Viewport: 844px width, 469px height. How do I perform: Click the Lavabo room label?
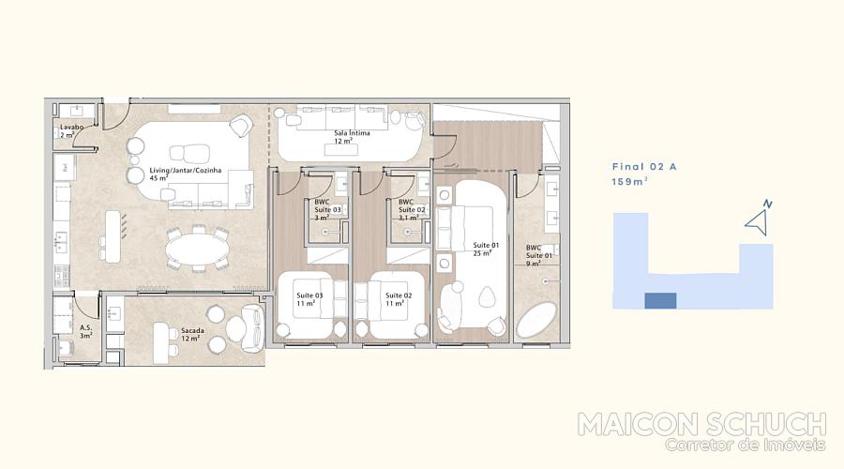pyautogui.click(x=71, y=127)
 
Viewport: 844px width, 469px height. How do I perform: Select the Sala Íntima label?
pyautogui.click(x=352, y=133)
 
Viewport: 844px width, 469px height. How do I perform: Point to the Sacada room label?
pyautogui.click(x=192, y=330)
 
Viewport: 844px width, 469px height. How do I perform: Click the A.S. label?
pyautogui.click(x=85, y=327)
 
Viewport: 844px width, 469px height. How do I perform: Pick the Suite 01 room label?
pyautogui.click(x=486, y=245)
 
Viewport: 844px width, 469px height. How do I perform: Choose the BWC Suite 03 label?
pyautogui.click(x=328, y=205)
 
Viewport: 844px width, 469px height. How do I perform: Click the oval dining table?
pyautogui.click(x=197, y=250)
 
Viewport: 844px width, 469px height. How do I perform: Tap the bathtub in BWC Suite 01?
pyautogui.click(x=536, y=320)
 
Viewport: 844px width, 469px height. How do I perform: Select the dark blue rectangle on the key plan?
pyautogui.click(x=660, y=301)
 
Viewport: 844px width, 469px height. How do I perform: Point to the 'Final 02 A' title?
pyautogui.click(x=644, y=167)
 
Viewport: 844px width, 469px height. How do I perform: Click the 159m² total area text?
pyautogui.click(x=629, y=182)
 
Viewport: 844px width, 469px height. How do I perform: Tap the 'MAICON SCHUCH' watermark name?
pyautogui.click(x=701, y=425)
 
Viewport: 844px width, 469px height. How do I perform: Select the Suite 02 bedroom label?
pyautogui.click(x=399, y=295)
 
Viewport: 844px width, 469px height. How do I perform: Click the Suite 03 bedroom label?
pyautogui.click(x=309, y=295)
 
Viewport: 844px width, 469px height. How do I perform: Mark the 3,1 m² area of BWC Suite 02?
pyautogui.click(x=409, y=218)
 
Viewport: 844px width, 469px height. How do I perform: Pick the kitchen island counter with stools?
pyautogui.click(x=113, y=236)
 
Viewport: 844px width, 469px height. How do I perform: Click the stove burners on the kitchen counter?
pyautogui.click(x=61, y=275)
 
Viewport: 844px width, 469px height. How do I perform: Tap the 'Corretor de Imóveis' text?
pyautogui.click(x=745, y=445)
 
